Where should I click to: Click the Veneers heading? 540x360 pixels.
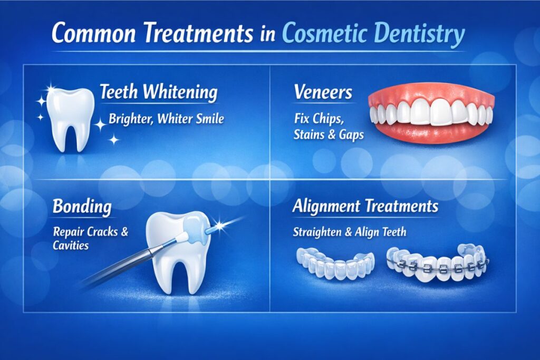[x=323, y=93]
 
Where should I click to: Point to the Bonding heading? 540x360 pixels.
[x=82, y=206]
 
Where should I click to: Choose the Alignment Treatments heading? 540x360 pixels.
[x=365, y=206]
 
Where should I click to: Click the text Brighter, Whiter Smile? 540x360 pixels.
[x=166, y=119]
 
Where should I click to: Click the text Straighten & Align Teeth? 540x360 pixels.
[x=350, y=231]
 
